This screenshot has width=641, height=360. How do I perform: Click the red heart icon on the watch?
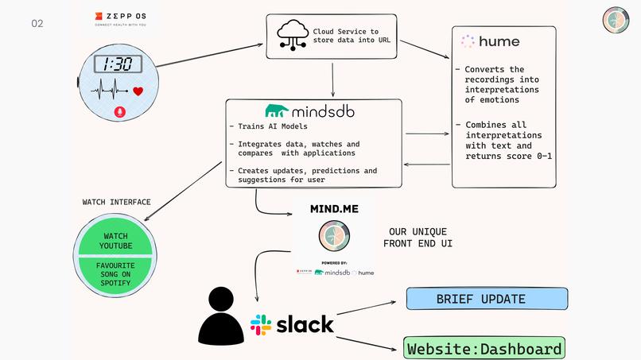click(x=138, y=91)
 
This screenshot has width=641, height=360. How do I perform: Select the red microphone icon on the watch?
click(x=120, y=112)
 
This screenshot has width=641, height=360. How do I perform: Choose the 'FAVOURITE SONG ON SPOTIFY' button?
click(x=116, y=273)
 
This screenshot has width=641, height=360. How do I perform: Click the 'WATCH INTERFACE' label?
click(x=116, y=202)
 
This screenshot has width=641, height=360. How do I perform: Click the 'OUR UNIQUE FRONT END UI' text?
click(x=418, y=236)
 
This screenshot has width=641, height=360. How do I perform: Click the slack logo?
click(x=292, y=324)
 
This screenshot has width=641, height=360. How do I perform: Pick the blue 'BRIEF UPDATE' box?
click(x=487, y=299)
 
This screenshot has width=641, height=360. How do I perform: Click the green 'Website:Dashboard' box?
click(x=484, y=348)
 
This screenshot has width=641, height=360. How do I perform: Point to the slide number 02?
click(x=37, y=23)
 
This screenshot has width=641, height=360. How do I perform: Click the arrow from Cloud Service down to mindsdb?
click(x=333, y=79)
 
